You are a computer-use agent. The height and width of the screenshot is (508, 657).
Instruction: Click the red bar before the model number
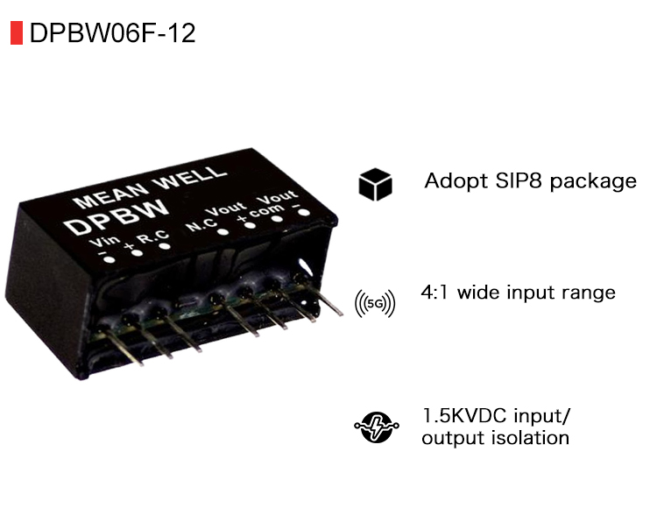pos(15,33)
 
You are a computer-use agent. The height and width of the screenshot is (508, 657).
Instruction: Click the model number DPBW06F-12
pos(112,33)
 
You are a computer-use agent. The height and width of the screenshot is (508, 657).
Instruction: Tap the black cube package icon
pos(375,184)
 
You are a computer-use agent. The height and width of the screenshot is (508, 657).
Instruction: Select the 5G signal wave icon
pos(375,303)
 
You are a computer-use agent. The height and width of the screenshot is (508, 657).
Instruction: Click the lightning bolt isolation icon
pos(375,427)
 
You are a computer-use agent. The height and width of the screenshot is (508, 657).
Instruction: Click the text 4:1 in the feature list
pos(435,292)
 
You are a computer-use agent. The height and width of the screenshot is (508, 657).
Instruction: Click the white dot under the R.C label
pos(164,247)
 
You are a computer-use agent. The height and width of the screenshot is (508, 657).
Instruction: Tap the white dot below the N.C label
pos(223,235)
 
